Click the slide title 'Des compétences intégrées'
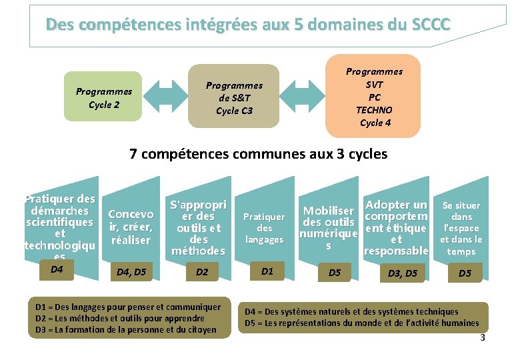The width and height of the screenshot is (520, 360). (x=248, y=25)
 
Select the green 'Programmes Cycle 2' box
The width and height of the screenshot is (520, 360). (x=103, y=97)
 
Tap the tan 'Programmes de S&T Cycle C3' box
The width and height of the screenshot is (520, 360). (x=234, y=97)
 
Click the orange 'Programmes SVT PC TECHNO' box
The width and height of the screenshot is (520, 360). (x=374, y=97)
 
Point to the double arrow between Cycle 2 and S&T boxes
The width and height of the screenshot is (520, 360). (x=166, y=97)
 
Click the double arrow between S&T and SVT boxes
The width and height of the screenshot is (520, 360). (x=301, y=97)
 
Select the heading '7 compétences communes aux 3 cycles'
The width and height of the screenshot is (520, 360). (x=258, y=154)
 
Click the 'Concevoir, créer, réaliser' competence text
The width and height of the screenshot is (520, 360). (x=131, y=227)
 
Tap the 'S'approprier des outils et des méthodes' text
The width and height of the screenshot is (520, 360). (x=198, y=227)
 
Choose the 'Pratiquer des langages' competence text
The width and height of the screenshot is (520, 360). (x=263, y=227)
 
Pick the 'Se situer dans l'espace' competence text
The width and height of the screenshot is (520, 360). (x=461, y=228)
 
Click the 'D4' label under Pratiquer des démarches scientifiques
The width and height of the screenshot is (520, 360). (x=57, y=269)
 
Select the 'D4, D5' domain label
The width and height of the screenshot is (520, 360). (x=131, y=272)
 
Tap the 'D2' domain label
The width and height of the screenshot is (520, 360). (x=202, y=272)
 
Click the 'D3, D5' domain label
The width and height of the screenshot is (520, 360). (x=403, y=273)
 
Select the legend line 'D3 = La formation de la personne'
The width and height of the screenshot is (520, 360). (x=126, y=329)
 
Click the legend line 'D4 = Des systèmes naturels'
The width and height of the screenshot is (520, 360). (x=351, y=311)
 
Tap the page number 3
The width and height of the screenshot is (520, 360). (x=483, y=338)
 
